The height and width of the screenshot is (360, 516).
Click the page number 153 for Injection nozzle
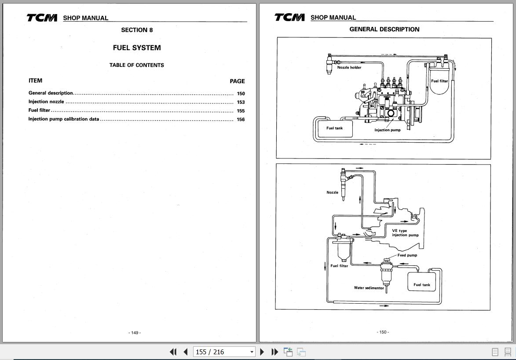pyautogui.click(x=241, y=102)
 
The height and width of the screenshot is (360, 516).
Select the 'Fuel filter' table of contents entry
pyautogui.click(x=40, y=110)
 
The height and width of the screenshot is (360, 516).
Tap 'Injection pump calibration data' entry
pyautogui.click(x=64, y=119)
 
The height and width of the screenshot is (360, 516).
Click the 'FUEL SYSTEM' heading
pyautogui.click(x=137, y=48)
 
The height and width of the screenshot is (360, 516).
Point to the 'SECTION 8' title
pyautogui.click(x=137, y=30)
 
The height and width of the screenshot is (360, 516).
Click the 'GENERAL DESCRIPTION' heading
pyautogui.click(x=384, y=29)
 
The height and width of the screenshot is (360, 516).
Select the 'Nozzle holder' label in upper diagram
pyautogui.click(x=349, y=68)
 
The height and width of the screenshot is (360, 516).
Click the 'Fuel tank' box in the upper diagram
pyautogui.click(x=334, y=128)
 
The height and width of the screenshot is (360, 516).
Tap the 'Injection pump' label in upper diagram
pyautogui.click(x=387, y=130)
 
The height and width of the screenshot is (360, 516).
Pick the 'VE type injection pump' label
pyautogui.click(x=405, y=233)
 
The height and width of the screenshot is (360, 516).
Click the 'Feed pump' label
pyautogui.click(x=407, y=255)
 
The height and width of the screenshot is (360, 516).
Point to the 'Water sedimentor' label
pyautogui.click(x=369, y=288)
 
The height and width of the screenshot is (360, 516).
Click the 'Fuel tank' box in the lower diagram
pyautogui.click(x=422, y=284)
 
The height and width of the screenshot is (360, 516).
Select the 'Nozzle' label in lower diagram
pyautogui.click(x=333, y=192)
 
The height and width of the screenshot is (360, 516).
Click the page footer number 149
pyautogui.click(x=135, y=333)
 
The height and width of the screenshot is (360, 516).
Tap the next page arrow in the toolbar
pyautogui.click(x=262, y=352)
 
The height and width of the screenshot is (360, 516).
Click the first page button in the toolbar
pyautogui.click(x=173, y=352)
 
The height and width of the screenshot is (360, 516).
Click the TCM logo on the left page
pyautogui.click(x=42, y=18)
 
